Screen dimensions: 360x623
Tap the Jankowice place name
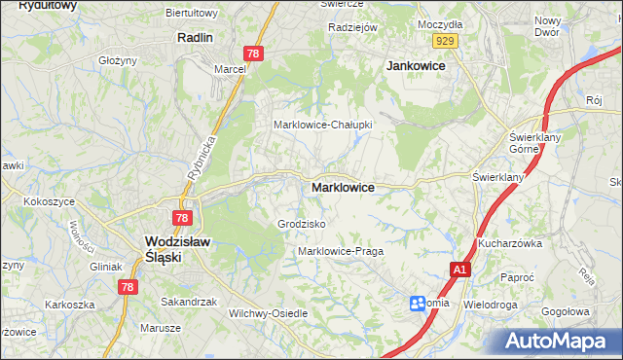point(416,65)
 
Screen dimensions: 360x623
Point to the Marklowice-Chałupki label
point(321,125)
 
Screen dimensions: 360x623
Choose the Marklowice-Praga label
point(341,251)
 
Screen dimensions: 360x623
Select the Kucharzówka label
point(509,243)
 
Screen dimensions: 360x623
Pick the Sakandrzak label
point(189,302)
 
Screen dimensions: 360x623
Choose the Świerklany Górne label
point(531,143)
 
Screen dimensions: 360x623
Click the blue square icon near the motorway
point(418,304)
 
